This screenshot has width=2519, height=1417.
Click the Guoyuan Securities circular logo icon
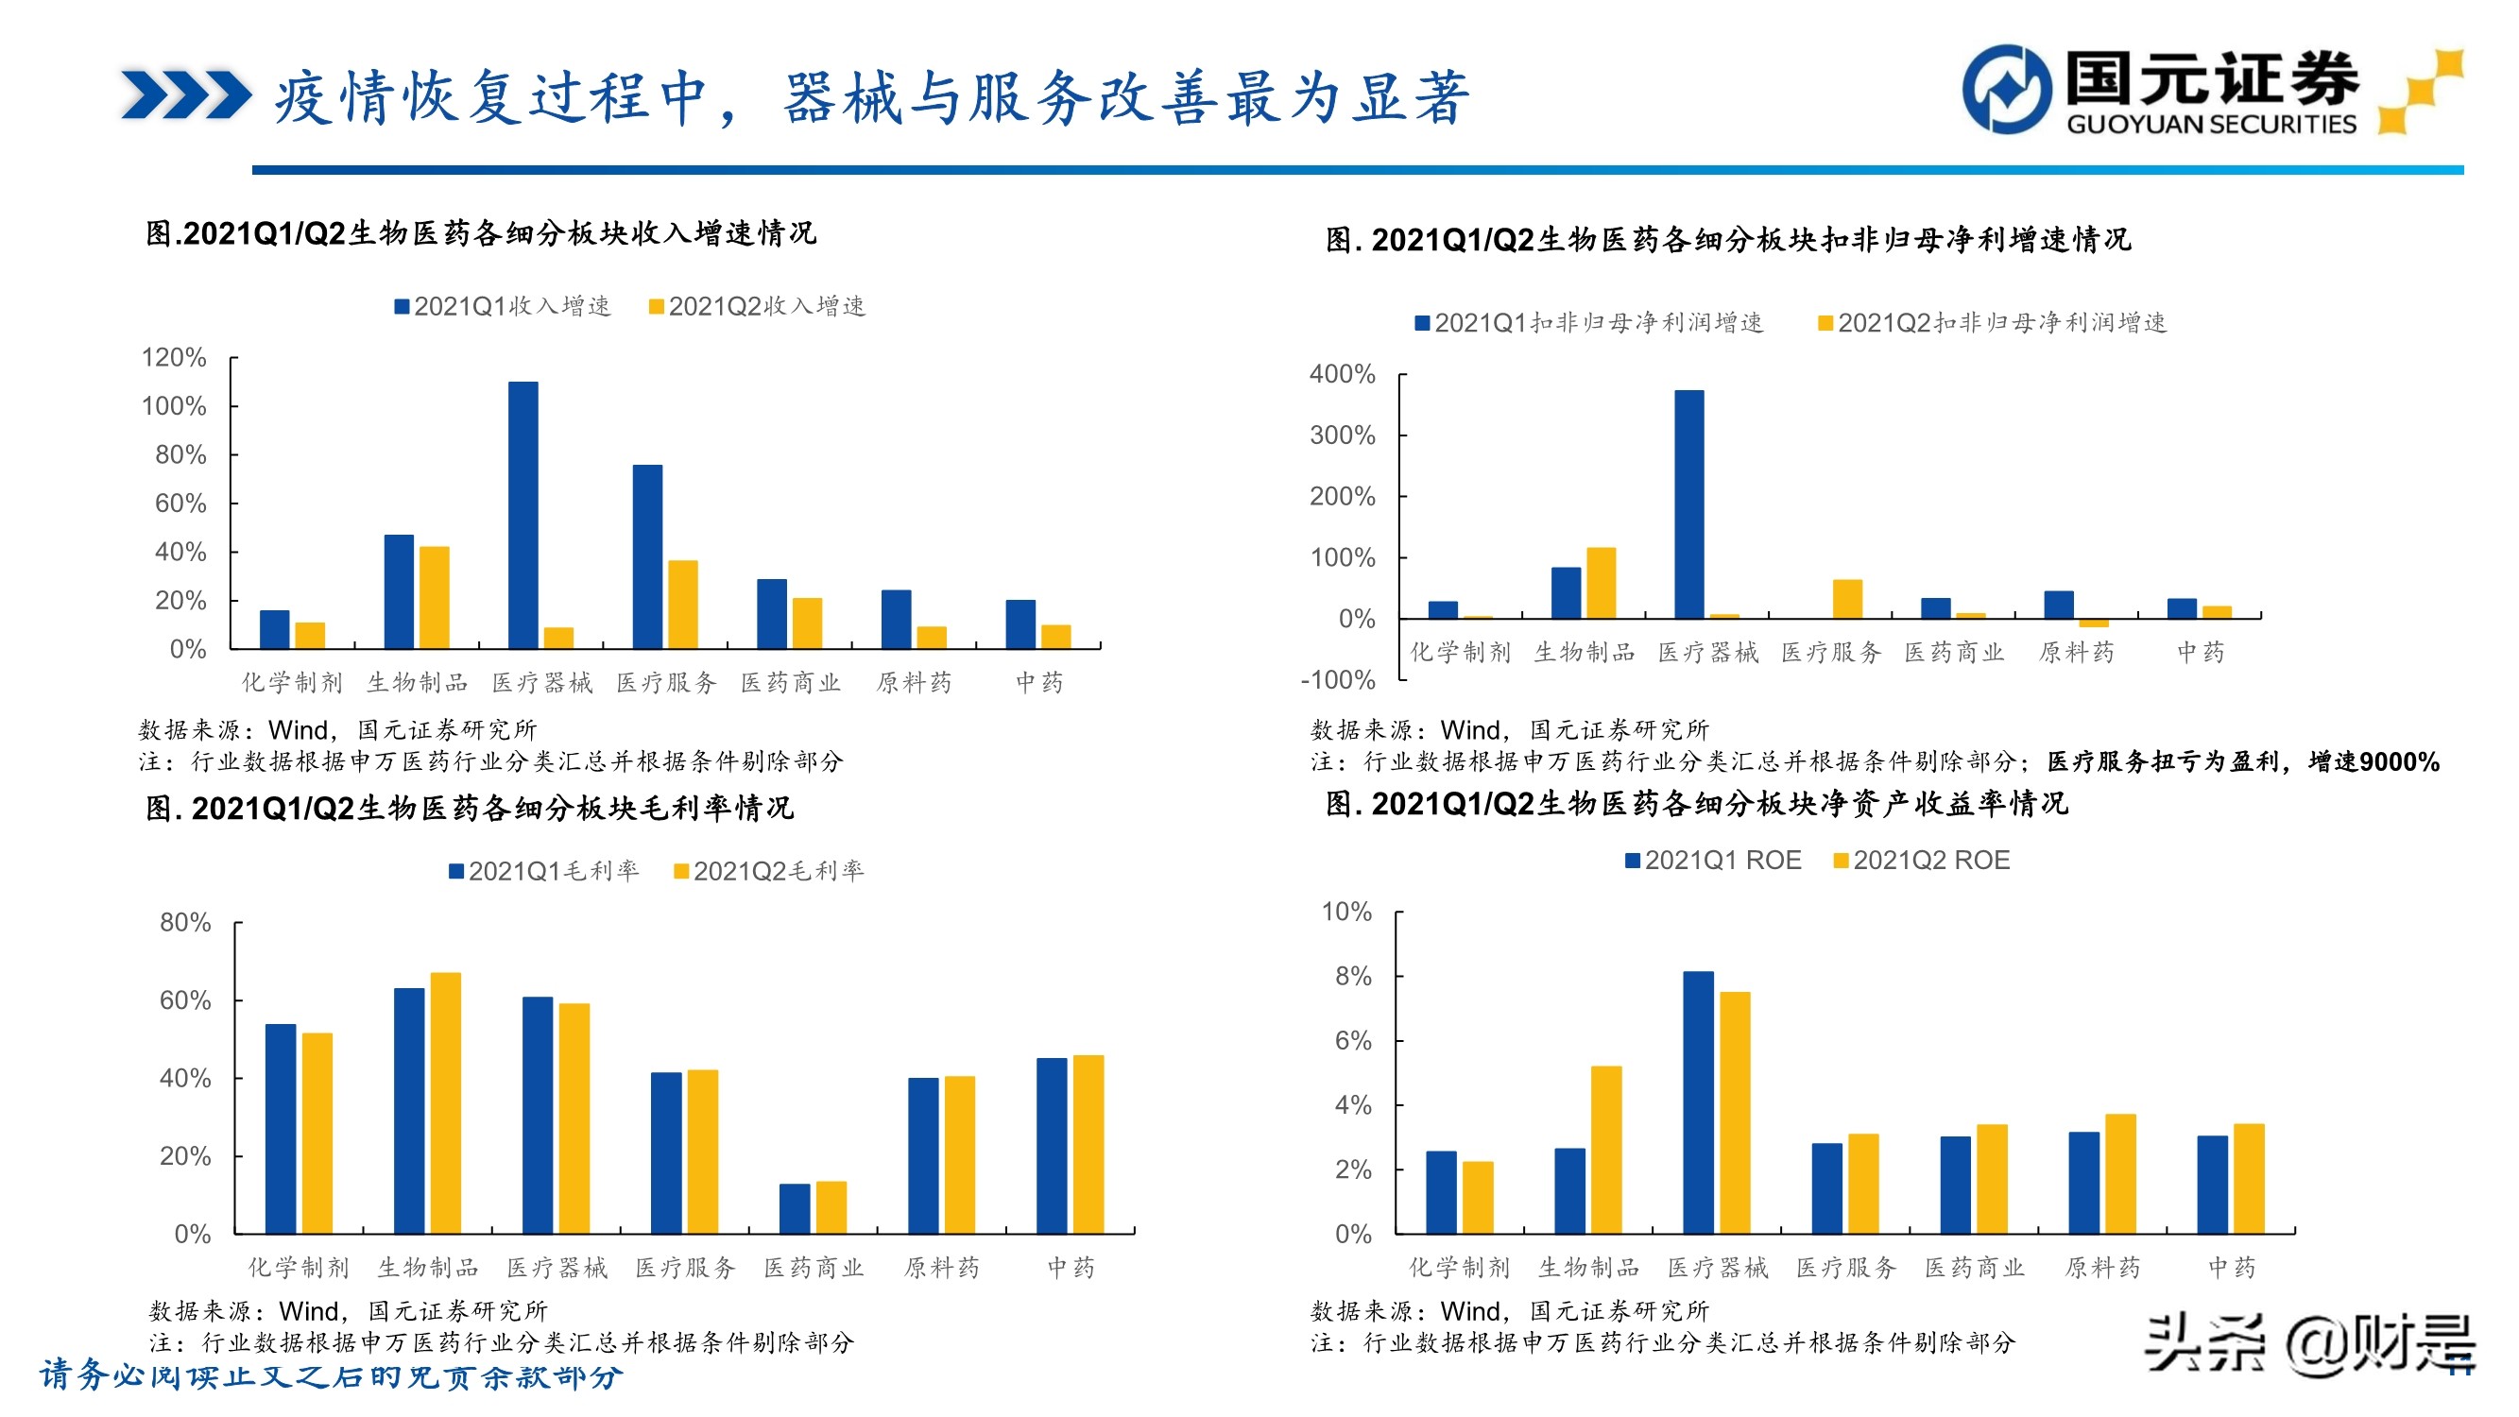tap(2007, 88)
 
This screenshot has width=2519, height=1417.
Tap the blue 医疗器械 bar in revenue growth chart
tap(523, 515)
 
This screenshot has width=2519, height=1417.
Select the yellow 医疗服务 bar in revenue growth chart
tap(682, 604)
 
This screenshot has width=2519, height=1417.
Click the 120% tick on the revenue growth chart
tap(174, 358)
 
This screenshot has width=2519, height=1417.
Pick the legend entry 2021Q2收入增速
tap(758, 306)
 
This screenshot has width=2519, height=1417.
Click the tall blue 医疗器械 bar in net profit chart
tap(1688, 504)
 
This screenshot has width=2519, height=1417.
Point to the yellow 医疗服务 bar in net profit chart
tap(1847, 599)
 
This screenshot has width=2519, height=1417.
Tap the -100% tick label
tap(1338, 679)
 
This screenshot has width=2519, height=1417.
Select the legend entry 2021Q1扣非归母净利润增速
tap(1590, 323)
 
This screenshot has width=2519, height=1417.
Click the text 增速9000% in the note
tap(2373, 761)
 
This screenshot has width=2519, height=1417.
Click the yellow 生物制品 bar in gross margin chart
tap(446, 1102)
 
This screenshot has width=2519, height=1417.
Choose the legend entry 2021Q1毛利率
tap(544, 870)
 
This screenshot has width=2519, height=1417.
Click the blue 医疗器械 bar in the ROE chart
tap(1699, 1102)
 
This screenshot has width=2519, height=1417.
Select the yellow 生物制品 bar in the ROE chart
tap(1605, 1149)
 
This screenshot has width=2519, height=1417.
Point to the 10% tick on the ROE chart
tap(1346, 913)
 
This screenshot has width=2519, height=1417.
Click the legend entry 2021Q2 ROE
tap(1922, 861)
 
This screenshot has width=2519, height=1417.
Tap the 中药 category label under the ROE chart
tap(2232, 1268)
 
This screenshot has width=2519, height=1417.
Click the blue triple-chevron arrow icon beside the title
tap(186, 94)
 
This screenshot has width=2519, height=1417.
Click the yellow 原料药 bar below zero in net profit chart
tap(2094, 622)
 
